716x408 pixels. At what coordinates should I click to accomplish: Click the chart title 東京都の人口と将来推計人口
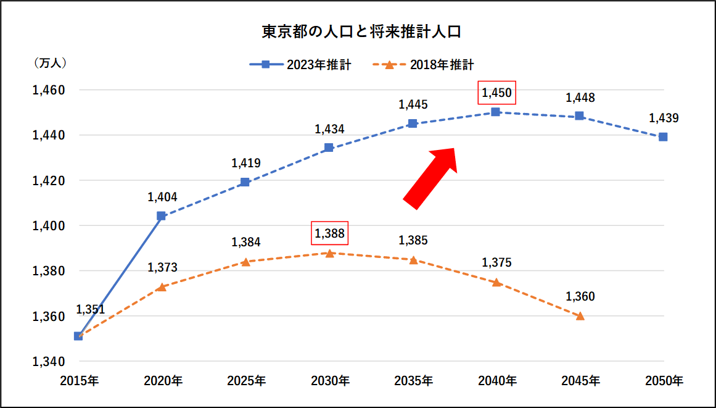(357, 32)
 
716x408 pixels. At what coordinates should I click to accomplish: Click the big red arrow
(431, 177)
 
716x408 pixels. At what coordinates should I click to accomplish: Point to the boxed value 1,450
(496, 93)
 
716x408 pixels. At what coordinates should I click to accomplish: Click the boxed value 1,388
(330, 233)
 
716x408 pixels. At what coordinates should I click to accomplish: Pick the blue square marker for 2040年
(496, 112)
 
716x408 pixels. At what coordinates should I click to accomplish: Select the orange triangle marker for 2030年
(330, 253)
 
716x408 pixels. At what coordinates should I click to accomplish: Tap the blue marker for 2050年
(663, 137)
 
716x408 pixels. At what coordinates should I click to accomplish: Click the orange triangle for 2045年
(580, 316)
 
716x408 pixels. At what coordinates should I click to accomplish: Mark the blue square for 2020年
(162, 216)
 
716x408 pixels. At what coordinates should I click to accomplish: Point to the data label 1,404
(162, 198)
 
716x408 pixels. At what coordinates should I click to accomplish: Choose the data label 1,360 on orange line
(580, 297)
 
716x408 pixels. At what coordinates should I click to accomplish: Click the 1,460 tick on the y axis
(49, 90)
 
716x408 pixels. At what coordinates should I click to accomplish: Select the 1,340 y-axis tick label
(49, 362)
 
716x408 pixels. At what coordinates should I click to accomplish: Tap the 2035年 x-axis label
(413, 381)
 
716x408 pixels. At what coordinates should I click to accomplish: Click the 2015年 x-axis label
(79, 381)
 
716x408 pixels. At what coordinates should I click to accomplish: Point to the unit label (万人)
(49, 62)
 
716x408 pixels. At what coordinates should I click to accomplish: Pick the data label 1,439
(663, 118)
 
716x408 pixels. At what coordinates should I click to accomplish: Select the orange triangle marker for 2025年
(245, 262)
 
